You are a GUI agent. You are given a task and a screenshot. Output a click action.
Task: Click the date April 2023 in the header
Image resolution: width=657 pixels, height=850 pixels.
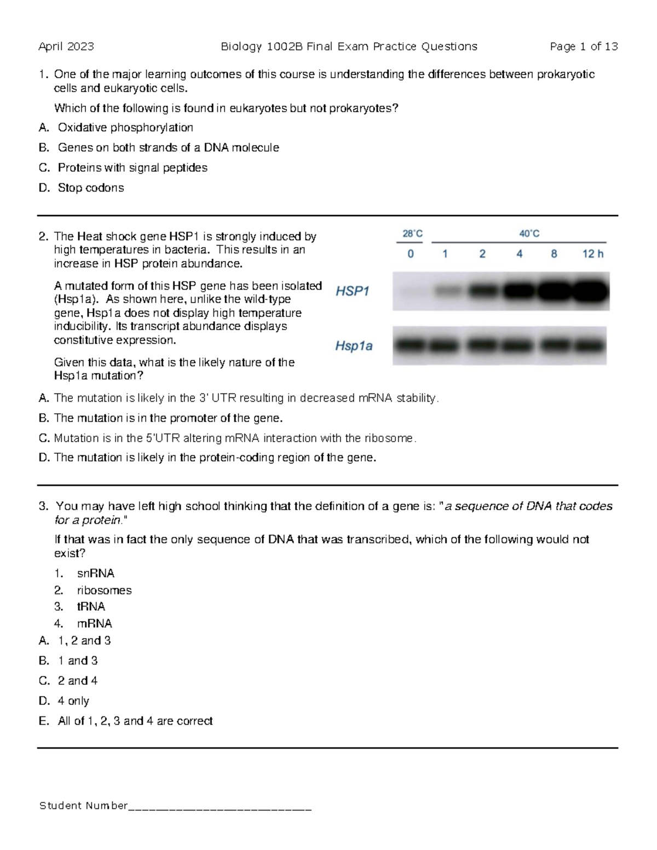66,47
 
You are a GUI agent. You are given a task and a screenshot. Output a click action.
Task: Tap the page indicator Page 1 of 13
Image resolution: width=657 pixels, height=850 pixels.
584,47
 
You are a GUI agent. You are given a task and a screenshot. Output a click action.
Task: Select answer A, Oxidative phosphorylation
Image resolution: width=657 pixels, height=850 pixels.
125,128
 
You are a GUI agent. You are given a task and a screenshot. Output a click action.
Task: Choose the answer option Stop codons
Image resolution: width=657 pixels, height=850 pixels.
90,188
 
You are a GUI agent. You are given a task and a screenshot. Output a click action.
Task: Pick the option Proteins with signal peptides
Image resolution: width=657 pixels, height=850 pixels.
132,167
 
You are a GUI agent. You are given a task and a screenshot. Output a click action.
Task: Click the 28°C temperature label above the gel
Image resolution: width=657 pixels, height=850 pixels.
412,234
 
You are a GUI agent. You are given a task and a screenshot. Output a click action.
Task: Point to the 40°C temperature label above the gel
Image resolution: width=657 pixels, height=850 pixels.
529,234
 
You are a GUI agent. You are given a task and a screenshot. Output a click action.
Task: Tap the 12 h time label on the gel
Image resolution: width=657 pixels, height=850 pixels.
592,254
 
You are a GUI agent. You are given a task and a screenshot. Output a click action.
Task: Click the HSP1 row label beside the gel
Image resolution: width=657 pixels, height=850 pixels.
353,291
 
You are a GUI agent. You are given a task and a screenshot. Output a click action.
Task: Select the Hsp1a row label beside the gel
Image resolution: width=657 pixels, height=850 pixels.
354,346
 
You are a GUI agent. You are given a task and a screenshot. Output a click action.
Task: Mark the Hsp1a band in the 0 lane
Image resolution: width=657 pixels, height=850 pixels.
411,346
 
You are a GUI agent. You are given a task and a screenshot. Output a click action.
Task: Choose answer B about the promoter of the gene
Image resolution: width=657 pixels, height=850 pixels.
168,418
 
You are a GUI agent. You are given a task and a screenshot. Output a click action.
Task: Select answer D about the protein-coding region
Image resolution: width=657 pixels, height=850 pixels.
215,458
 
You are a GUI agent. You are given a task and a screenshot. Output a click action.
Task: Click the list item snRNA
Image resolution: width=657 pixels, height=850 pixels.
95,574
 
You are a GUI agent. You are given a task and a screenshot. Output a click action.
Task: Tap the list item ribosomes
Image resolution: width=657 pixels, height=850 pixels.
104,591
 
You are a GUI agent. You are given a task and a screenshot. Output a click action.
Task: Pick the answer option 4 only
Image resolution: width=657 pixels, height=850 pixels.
73,701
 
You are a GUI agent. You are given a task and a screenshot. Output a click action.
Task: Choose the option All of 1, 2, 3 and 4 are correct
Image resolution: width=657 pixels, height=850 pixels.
135,721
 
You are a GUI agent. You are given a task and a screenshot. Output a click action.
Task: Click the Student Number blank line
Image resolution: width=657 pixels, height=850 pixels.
220,806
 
